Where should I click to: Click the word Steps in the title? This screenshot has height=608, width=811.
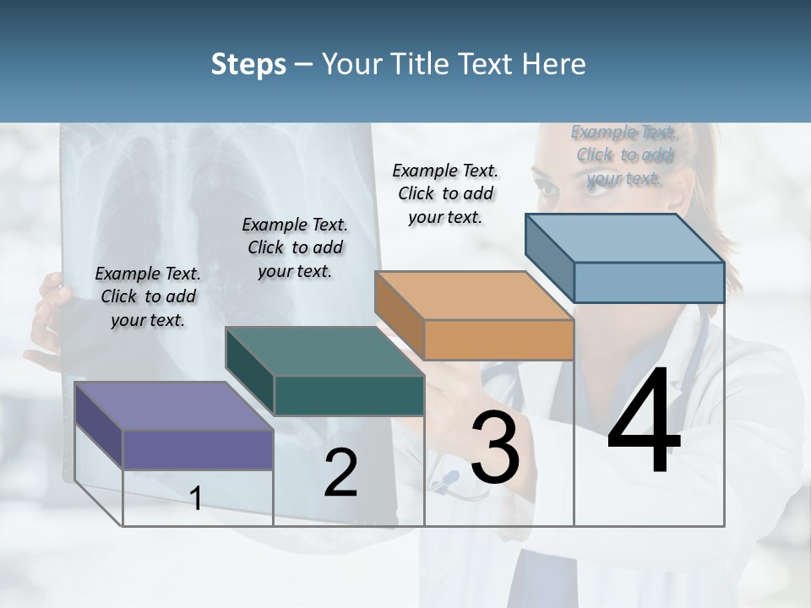(x=248, y=64)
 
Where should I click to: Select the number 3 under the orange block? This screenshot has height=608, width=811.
(x=494, y=448)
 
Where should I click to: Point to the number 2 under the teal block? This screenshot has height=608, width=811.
(x=340, y=473)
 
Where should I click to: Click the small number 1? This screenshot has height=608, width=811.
(x=195, y=498)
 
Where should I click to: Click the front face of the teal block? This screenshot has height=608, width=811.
(x=349, y=395)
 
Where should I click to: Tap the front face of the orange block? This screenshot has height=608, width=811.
(x=498, y=340)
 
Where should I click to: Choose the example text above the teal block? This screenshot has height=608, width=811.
(x=295, y=247)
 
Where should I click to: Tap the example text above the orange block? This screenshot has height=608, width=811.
(x=445, y=193)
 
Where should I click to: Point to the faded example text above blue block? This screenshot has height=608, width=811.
(x=624, y=155)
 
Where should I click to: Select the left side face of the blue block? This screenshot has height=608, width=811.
(x=549, y=258)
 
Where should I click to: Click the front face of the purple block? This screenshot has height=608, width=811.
(x=198, y=449)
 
